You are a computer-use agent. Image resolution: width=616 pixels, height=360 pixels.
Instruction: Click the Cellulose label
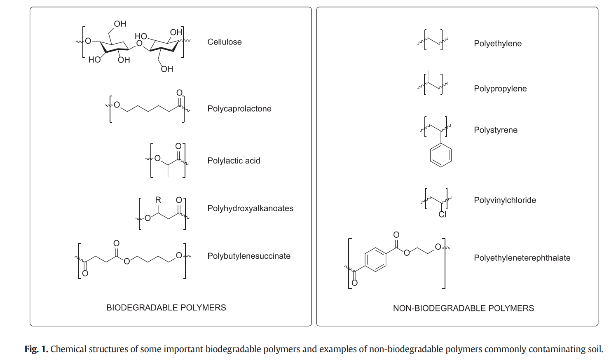pyautogui.click(x=225, y=42)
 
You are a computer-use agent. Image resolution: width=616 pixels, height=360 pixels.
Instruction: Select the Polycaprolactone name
pyautogui.click(x=239, y=109)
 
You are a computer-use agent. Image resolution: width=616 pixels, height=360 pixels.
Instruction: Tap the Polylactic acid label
pyautogui.click(x=234, y=161)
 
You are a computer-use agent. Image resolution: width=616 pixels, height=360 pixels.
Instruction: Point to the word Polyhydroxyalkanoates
pyautogui.click(x=250, y=208)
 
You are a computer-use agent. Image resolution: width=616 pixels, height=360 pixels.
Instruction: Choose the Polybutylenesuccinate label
pyautogui.click(x=249, y=256)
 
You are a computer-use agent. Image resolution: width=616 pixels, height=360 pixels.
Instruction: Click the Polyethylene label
pyautogui.click(x=498, y=43)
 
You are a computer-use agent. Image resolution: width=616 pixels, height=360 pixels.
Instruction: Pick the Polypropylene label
pyautogui.click(x=500, y=89)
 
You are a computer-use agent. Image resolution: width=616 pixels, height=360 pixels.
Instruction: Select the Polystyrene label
pyautogui.click(x=496, y=130)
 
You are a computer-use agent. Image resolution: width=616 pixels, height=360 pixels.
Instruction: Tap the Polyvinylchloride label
pyautogui.click(x=505, y=200)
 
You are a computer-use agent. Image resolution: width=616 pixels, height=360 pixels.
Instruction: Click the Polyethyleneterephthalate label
pyautogui.click(x=522, y=258)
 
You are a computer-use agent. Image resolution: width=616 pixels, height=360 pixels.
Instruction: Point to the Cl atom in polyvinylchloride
pyautogui.click(x=443, y=214)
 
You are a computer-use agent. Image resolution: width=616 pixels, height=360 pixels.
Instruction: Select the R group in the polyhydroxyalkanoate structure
pyautogui.click(x=158, y=199)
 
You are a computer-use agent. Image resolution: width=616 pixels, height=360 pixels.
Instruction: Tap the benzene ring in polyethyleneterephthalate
pyautogui.click(x=365, y=259)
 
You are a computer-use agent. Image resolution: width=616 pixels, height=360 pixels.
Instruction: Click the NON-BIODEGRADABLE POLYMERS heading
pyautogui.click(x=464, y=308)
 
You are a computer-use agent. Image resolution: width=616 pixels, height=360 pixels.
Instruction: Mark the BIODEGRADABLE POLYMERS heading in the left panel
pyautogui.click(x=166, y=308)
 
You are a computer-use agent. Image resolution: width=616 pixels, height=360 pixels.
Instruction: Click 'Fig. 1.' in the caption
pyautogui.click(x=36, y=349)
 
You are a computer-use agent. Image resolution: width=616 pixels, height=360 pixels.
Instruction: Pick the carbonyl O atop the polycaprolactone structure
pyautogui.click(x=179, y=93)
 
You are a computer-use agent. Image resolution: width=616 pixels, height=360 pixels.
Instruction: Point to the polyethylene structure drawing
pyautogui.click(x=434, y=40)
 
